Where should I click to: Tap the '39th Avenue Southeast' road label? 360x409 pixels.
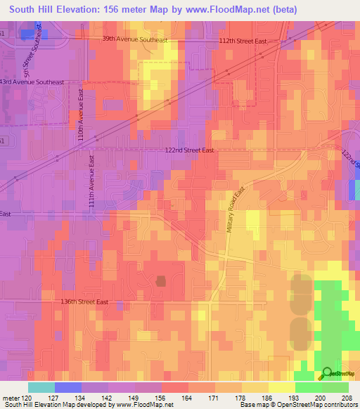tap(134, 40)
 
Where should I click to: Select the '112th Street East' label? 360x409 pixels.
tap(243, 41)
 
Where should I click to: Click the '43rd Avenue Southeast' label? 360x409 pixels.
tap(32, 82)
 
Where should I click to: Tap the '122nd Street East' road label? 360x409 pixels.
tap(189, 150)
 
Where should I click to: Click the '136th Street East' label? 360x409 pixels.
tap(84, 301)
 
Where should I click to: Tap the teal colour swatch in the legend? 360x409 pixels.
tap(41, 387)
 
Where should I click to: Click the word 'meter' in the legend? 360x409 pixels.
tap(11, 397)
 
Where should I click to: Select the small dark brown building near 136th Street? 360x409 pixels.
tap(161, 281)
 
